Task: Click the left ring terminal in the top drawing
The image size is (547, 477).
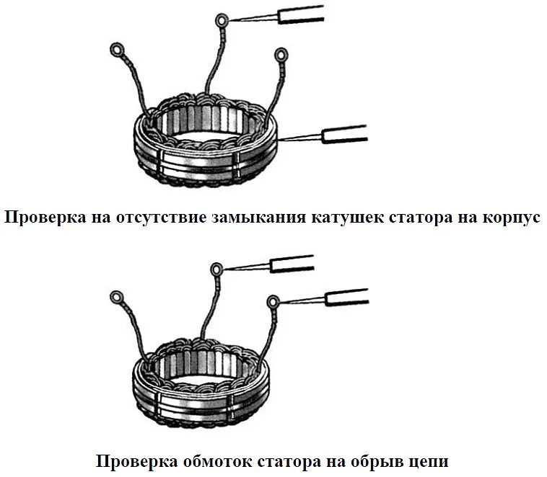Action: coord(116,50)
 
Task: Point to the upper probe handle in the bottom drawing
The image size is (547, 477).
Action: coord(292,263)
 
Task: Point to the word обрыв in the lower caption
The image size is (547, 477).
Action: coord(370,460)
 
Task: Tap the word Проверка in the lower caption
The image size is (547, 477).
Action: coord(134,460)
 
